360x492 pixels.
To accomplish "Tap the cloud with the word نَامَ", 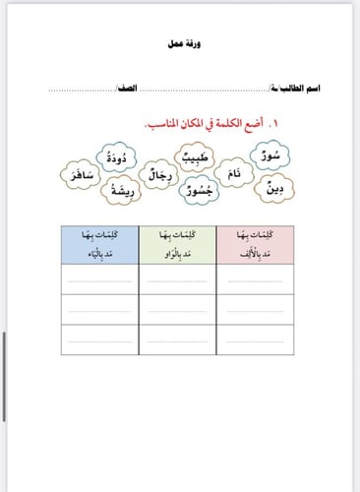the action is click(x=232, y=173).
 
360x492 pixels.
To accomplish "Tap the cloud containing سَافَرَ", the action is click(x=78, y=178).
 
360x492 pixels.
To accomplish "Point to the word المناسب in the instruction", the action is click(x=162, y=125).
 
